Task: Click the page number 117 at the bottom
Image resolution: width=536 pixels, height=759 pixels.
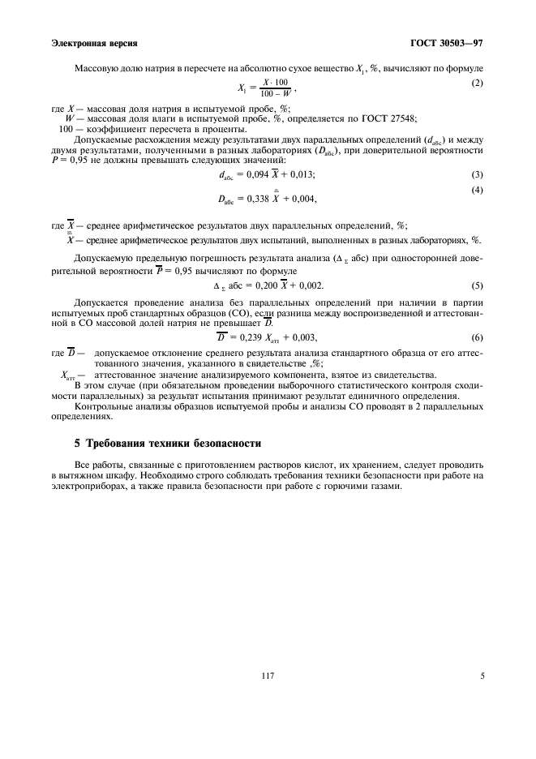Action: click(x=267, y=672)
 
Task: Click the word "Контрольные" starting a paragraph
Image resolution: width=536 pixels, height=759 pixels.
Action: click(x=102, y=405)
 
